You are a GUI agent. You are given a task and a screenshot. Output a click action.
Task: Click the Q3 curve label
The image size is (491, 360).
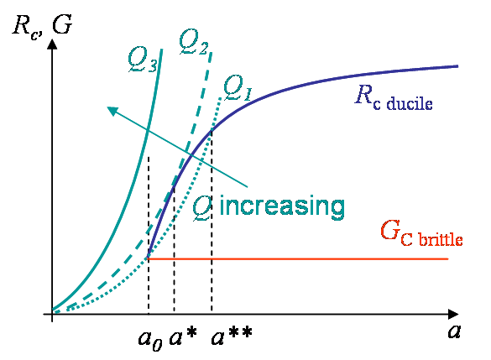[143, 60]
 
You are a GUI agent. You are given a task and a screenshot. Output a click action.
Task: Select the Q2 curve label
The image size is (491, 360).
[194, 43]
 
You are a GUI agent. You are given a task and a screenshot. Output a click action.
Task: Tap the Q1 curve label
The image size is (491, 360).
[238, 88]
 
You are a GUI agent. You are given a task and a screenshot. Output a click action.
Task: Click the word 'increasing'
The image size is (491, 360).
[282, 206]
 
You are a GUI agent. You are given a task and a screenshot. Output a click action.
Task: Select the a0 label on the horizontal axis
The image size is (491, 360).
[150, 340]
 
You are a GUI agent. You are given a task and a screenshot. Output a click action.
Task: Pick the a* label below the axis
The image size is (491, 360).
[183, 337]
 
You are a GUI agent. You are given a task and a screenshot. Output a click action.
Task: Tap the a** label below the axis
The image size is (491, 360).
[232, 337]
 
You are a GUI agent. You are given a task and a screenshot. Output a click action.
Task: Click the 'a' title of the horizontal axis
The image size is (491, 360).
[454, 331]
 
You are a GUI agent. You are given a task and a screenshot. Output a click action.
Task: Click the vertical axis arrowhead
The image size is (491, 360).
[52, 44]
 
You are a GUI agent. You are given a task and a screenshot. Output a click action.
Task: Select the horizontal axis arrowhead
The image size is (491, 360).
[453, 314]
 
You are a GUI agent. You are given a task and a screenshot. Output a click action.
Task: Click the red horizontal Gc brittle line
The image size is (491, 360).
[298, 259]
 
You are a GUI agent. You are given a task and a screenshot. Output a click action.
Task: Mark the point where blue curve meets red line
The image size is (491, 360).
[148, 258]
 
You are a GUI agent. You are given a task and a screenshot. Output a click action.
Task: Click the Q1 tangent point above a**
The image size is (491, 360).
[212, 129]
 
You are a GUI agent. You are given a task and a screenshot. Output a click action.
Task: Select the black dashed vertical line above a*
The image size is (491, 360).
[174, 249]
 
